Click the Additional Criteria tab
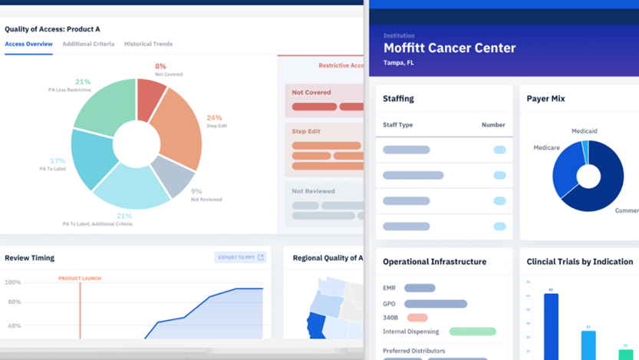88,45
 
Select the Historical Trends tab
148,45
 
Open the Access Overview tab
28,45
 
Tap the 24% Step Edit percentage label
214,118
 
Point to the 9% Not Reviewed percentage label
196,191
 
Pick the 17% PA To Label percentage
58,161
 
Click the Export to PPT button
240,257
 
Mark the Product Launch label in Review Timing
80,279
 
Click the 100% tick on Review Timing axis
13,282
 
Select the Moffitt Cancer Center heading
450,48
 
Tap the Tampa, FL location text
399,63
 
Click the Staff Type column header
397,125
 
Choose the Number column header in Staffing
493,125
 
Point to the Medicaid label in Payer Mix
584,131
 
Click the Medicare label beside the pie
546,148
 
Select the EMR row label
389,289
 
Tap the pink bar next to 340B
417,318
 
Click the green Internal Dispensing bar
473,332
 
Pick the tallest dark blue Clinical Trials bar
551,326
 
